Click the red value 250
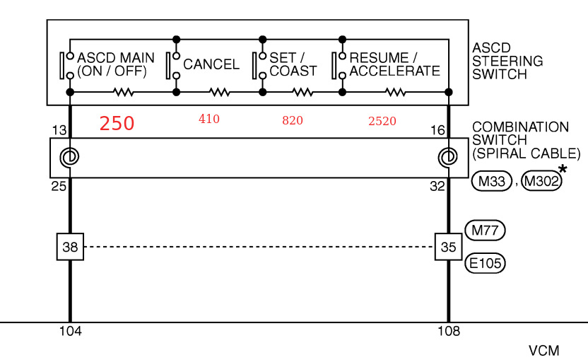[117, 124]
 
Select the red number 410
[208, 120]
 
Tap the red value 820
[292, 121]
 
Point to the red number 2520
[382, 121]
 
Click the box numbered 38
[70, 247]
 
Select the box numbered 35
[448, 247]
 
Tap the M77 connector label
[486, 230]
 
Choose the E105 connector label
[486, 264]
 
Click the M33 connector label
[491, 182]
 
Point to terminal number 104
[70, 331]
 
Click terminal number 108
[448, 331]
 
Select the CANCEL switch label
[211, 64]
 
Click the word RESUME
[379, 57]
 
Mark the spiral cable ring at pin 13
[70, 157]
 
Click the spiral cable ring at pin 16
[448, 157]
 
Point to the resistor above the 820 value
[302, 92]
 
